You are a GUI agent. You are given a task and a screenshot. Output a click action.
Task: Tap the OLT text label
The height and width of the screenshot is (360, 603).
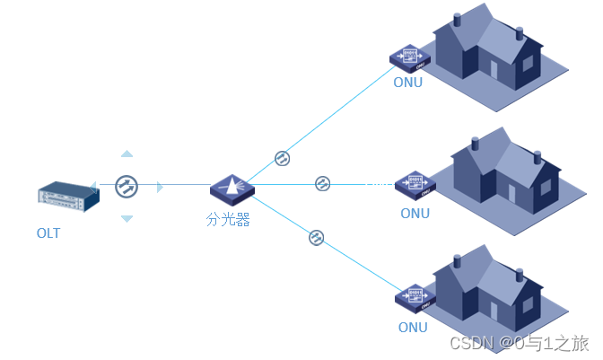pos(48,234)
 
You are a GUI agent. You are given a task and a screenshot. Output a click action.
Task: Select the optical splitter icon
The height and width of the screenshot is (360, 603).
pos(232,188)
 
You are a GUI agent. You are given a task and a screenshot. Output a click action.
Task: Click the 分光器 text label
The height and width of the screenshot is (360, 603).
pos(228,220)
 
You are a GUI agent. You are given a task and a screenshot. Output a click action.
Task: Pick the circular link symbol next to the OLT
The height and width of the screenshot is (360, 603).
pos(127,187)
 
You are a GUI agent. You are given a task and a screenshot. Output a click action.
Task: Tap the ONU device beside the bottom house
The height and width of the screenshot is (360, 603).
pos(414,295)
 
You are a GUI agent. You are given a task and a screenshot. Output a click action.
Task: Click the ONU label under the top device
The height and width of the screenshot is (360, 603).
pos(407,83)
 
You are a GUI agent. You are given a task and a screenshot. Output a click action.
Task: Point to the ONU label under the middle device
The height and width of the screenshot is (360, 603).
pos(415,214)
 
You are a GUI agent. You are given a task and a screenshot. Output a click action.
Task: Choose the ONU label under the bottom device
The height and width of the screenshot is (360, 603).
pos(413,328)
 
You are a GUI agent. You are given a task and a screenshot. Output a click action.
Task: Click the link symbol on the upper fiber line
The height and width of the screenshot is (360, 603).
pos(282,158)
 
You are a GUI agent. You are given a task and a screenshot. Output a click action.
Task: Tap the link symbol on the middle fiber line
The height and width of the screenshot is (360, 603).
pos(322,184)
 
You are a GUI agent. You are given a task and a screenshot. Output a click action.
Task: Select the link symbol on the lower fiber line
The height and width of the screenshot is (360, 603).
pos(316,238)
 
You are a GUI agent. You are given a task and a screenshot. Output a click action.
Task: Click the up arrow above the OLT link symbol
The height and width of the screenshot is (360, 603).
pos(127,154)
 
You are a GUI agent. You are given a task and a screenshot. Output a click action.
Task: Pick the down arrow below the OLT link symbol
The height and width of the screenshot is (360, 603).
pos(127,219)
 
